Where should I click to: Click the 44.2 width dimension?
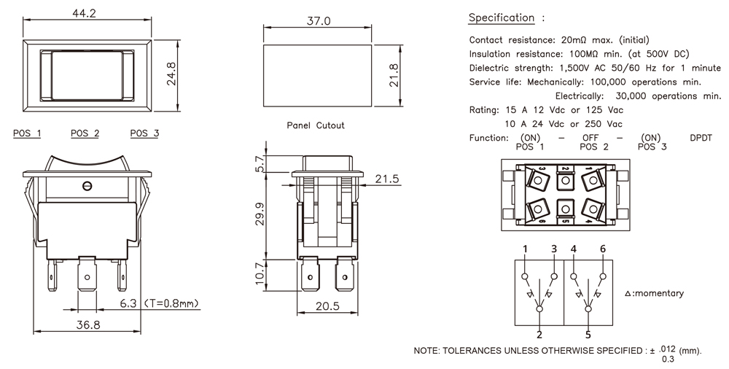tap(89, 12)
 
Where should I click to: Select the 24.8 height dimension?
tap(171, 74)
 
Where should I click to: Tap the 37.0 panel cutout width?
tap(319, 21)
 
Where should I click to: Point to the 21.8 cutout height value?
tap(393, 75)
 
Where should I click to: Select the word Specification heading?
tap(501, 18)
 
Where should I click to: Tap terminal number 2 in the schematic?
tap(539, 335)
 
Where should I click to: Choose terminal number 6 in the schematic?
tap(603, 249)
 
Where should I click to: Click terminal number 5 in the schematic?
tap(588, 335)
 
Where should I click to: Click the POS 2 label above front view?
tap(85, 133)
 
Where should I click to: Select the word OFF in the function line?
tap(590, 138)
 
